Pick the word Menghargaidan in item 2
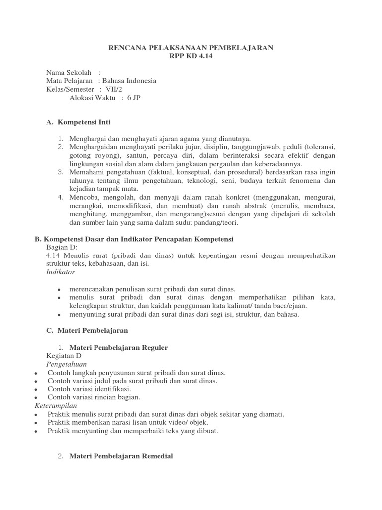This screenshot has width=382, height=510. [93, 147]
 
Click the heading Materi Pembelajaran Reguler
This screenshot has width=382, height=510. [118, 347]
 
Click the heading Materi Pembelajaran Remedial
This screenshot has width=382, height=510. [121, 456]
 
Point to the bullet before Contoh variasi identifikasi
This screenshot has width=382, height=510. [37, 389]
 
